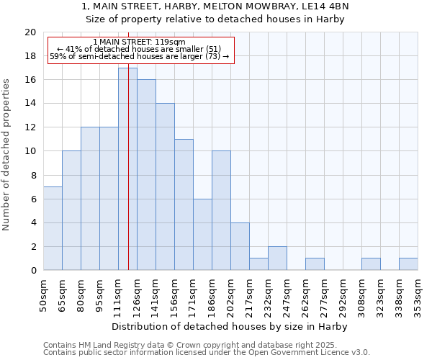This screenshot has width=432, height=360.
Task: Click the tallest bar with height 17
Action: click(x=127, y=168)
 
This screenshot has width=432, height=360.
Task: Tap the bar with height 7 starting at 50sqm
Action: click(x=53, y=228)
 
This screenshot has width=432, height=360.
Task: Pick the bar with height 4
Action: click(x=240, y=246)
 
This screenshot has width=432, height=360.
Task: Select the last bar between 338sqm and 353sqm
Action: click(x=408, y=264)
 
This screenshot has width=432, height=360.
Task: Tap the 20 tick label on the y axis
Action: click(x=30, y=32)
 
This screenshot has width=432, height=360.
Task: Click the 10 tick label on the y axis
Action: click(x=30, y=151)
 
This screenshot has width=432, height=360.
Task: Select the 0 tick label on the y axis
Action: click(x=32, y=270)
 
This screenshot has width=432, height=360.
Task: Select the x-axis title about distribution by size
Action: click(x=230, y=326)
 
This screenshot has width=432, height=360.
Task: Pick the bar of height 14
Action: click(x=165, y=186)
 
